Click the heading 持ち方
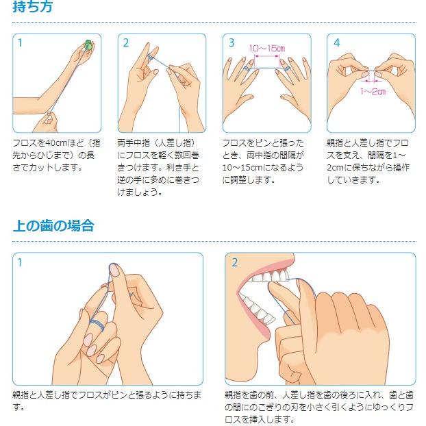click(x=32, y=6)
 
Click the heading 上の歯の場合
click(x=53, y=225)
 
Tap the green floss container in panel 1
click(x=88, y=45)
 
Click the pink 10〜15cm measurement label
click(x=267, y=49)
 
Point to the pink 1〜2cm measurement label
click(x=373, y=91)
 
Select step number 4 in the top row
click(x=336, y=42)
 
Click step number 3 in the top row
click(x=231, y=42)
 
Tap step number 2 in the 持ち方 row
click(x=126, y=42)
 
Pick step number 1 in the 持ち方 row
click(x=20, y=42)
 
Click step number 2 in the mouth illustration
click(x=235, y=262)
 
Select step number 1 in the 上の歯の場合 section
click(x=20, y=262)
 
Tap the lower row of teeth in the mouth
click(x=258, y=310)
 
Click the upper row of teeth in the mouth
click(x=269, y=277)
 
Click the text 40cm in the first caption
click(x=54, y=143)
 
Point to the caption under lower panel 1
click(x=107, y=401)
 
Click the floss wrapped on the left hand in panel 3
click(x=247, y=68)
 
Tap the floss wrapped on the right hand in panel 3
click(x=285, y=68)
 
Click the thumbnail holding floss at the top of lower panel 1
click(x=114, y=271)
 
